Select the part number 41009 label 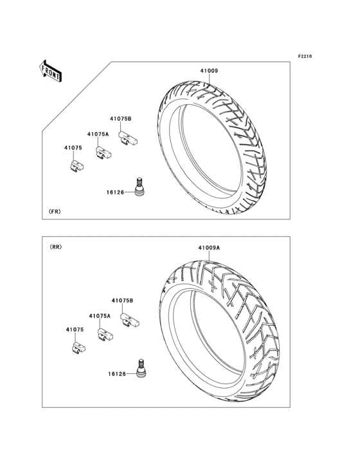[x=209, y=71]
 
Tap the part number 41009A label [x=209, y=248]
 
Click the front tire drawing [x=212, y=147]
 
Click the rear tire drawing [x=219, y=331]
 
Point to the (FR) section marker [x=55, y=212]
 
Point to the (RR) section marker [x=55, y=247]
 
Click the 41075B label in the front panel [x=121, y=118]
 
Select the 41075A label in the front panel [x=98, y=134]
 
